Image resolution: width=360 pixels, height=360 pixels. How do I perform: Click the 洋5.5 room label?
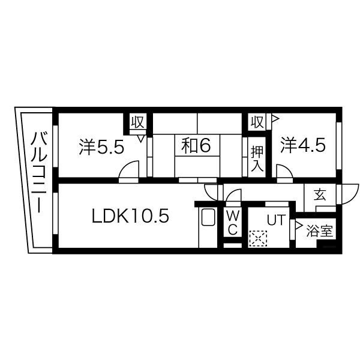[x=101, y=147]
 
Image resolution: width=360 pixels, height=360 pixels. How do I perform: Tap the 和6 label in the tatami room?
[x=196, y=145]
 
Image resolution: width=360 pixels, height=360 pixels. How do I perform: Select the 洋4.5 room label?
[x=303, y=145]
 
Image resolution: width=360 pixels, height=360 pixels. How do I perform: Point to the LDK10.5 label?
[x=130, y=216]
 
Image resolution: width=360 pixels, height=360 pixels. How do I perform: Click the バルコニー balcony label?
[x=39, y=172]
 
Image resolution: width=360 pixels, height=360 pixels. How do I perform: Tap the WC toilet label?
[x=233, y=223]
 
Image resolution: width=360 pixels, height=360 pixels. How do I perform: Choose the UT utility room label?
[x=276, y=220]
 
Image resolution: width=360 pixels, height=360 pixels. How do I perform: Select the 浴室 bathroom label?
[x=320, y=231]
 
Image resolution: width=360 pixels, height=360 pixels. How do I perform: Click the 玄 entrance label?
[x=320, y=194]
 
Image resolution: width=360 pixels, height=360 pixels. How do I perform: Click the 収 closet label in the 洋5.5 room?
[x=137, y=122]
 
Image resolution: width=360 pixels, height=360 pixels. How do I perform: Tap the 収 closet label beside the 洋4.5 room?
[x=257, y=122]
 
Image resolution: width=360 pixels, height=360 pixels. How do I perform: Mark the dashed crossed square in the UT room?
[x=258, y=239]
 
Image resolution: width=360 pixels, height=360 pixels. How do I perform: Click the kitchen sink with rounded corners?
[x=208, y=217]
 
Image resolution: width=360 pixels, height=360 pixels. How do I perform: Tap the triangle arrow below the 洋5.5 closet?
[x=141, y=139]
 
